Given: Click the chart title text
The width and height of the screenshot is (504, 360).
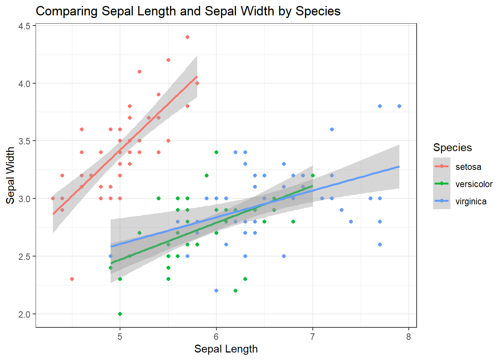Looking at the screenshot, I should tap(188, 11).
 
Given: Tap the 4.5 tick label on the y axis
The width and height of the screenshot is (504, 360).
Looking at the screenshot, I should tap(24, 26).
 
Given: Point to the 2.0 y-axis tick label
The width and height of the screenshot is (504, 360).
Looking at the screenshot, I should tap(24, 314).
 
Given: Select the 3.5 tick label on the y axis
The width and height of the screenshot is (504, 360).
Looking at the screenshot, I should tap(24, 141).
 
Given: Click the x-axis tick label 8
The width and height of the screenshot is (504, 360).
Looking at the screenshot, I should tap(408, 337).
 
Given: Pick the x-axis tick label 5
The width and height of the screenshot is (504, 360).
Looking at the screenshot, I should tap(120, 337).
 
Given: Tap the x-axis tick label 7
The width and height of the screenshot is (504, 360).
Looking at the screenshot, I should tap(312, 337).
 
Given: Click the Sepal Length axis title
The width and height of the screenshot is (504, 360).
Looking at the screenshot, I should tap(226, 349).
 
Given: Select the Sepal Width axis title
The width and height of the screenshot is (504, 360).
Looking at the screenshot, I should tap(10, 175).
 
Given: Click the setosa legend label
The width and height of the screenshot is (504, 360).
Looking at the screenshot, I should tap(468, 167).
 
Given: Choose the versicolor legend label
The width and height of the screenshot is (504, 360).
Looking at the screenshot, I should tap(474, 184).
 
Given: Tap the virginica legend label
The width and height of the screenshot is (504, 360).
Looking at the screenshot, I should tap(471, 201).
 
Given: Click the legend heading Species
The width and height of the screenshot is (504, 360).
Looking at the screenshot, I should tap(452, 147).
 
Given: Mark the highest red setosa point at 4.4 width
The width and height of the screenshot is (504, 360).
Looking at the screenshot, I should tap(187, 37).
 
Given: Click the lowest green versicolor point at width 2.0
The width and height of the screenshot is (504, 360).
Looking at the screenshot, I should tap(120, 314).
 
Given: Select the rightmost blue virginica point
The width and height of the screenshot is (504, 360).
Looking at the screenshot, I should tap(399, 106).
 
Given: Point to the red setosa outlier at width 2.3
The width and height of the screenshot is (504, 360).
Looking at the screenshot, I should tap(72, 279).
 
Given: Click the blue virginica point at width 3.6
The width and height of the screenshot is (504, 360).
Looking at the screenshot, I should tap(331, 129).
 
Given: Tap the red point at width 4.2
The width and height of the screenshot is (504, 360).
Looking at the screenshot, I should tap(168, 60).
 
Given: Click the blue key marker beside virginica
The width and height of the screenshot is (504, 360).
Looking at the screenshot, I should tap(441, 201).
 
